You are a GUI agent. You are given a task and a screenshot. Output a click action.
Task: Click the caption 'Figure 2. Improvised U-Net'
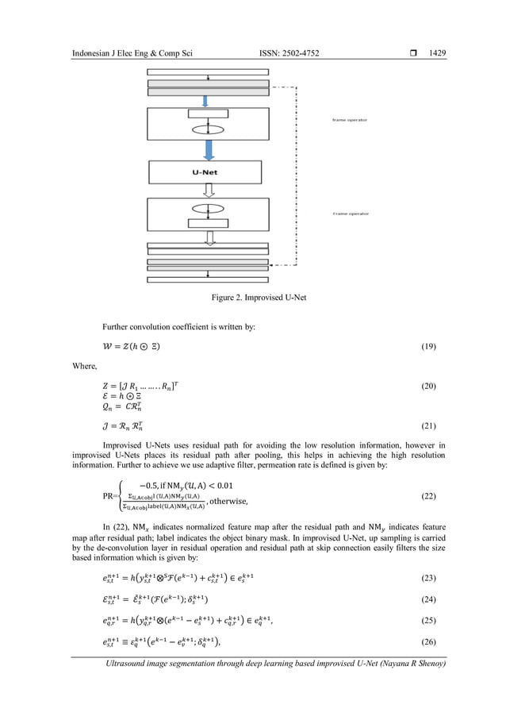coord(253,297)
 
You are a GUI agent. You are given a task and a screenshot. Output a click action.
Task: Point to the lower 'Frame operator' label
coord(350,214)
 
